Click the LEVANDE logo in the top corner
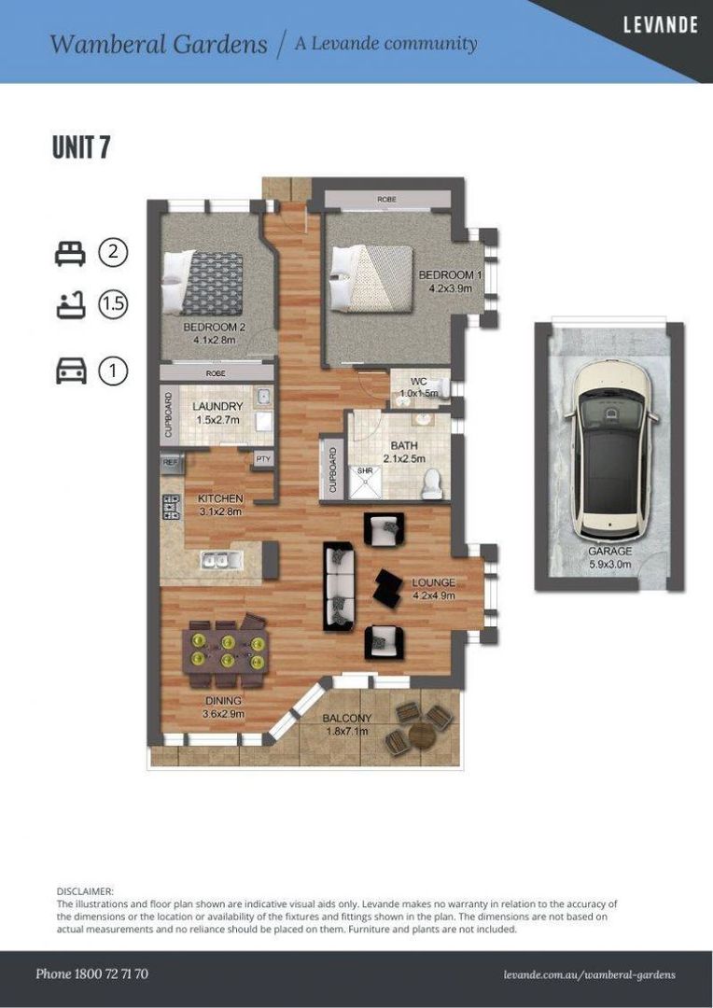661,24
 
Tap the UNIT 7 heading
81,147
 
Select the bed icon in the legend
70,253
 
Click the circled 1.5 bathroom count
113,304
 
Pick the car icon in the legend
71,371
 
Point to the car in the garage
610,449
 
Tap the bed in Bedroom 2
203,281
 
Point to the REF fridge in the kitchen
171,462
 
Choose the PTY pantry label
263,459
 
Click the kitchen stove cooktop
171,506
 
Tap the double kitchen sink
220,560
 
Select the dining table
225,651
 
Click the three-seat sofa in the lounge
339,586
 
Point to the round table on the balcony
421,734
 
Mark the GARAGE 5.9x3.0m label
609,558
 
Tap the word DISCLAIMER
85,891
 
